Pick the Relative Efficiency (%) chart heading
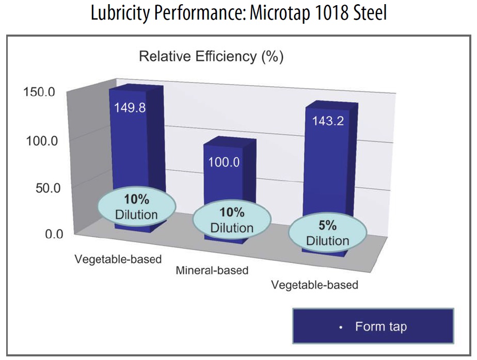coord(211,57)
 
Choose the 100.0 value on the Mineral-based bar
coord(224,162)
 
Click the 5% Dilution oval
coord(327,234)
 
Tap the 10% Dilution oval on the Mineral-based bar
coord(232,221)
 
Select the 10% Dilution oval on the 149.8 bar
coord(136,207)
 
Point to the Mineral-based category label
coord(212,270)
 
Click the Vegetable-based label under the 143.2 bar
coord(315,285)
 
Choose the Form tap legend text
coord(380,326)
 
